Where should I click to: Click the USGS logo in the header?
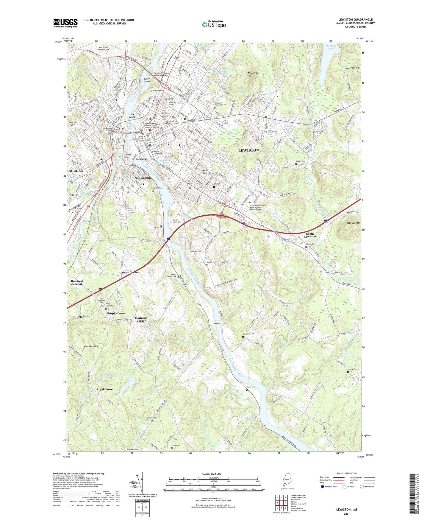pos(65,23)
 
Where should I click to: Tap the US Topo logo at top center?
pos(214,24)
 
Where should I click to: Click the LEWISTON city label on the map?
pos(248,150)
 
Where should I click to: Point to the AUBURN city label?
pos(76,171)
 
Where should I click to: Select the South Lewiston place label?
pos(310,235)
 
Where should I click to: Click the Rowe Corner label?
pos(130,273)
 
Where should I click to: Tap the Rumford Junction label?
pos(77,282)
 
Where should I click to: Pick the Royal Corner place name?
pos(105,389)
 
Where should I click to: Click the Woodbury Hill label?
pos(91,346)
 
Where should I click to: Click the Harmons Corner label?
pos(141,319)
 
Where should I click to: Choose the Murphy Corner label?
pos(117,313)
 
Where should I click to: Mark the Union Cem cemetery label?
pos(251,387)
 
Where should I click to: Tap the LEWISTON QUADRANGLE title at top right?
pos(355,20)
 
